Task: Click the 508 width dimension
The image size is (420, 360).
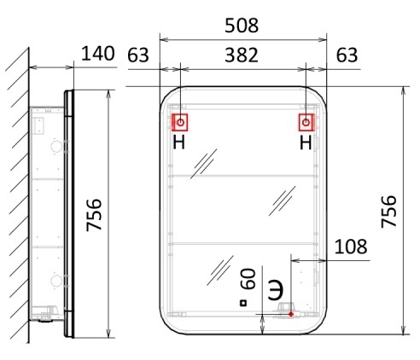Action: pyautogui.click(x=242, y=26)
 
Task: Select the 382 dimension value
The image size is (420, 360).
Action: pyautogui.click(x=242, y=55)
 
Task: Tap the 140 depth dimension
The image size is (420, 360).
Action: pyautogui.click(x=98, y=53)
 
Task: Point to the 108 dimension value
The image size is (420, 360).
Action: pyautogui.click(x=351, y=247)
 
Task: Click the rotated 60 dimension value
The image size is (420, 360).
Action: pyautogui.click(x=248, y=278)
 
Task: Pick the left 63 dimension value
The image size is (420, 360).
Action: pyautogui.click(x=138, y=55)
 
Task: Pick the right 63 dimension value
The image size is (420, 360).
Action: pyautogui.click(x=347, y=55)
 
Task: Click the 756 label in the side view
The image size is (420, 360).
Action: pyautogui.click(x=94, y=215)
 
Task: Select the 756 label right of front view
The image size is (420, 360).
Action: pyautogui.click(x=388, y=211)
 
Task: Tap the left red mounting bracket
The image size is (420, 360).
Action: pyautogui.click(x=180, y=122)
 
